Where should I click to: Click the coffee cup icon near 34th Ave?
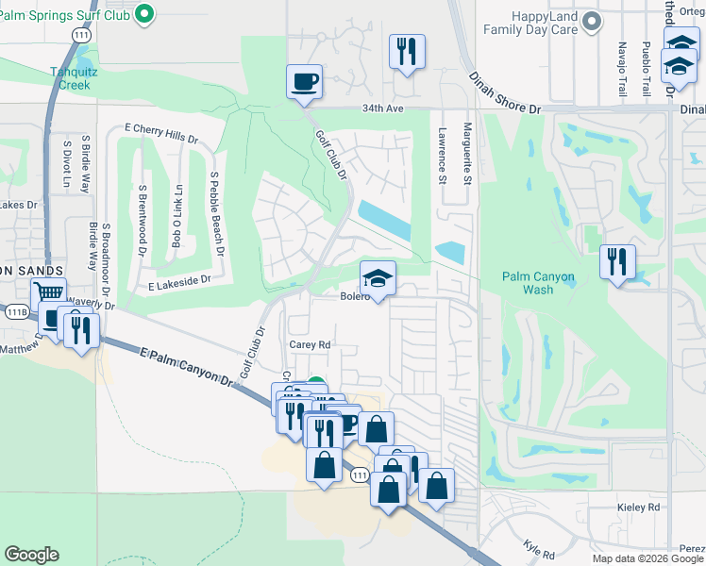(x=304, y=81)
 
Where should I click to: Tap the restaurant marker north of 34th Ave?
(x=407, y=52)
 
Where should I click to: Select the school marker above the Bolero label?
(x=378, y=278)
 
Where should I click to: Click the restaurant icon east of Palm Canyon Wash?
(x=617, y=260)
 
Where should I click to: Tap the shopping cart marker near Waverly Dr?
(x=48, y=295)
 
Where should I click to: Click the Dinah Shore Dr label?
(x=509, y=109)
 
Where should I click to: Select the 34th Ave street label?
(x=382, y=108)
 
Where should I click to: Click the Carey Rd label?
(x=310, y=345)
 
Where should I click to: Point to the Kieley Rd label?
(x=640, y=507)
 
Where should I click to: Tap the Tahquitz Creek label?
(x=71, y=77)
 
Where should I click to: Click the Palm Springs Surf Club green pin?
(x=144, y=14)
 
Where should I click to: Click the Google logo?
(x=31, y=555)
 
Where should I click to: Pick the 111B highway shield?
(x=16, y=310)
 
